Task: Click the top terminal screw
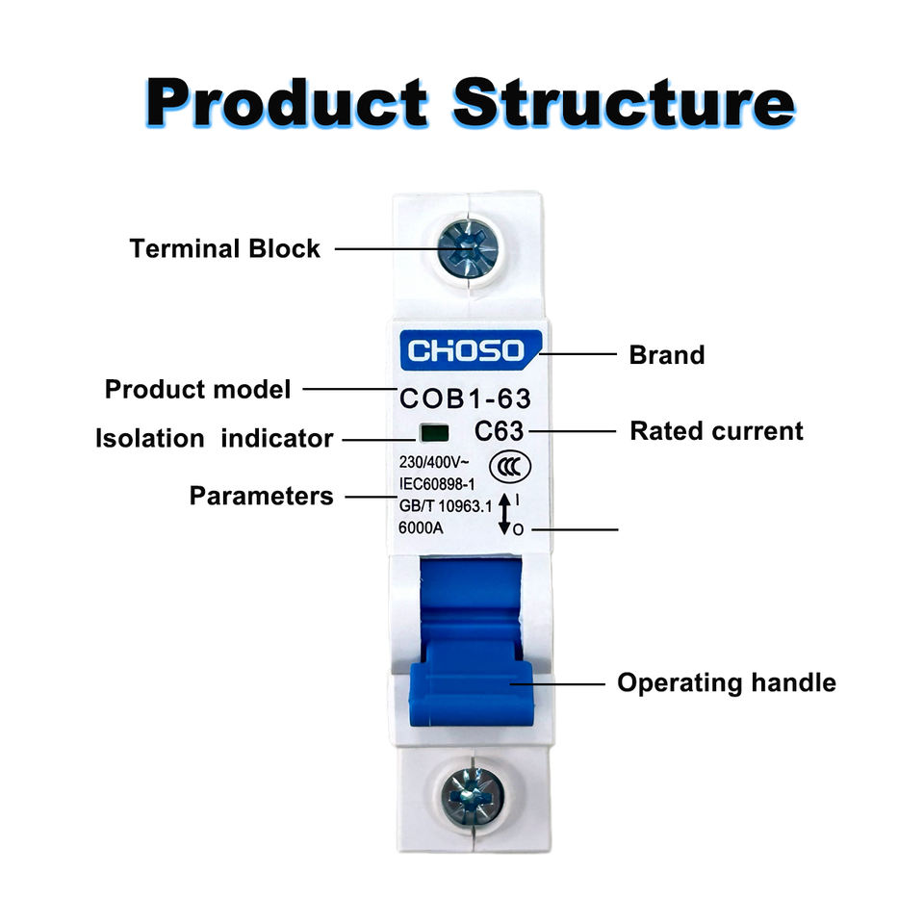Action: [x=468, y=249]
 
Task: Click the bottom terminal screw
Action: [x=473, y=797]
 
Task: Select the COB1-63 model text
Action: [x=465, y=398]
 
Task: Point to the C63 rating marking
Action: [x=500, y=431]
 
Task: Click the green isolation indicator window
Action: [x=434, y=433]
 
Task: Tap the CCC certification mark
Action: [x=510, y=468]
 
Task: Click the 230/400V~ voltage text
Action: [x=434, y=462]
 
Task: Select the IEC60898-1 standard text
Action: [x=437, y=484]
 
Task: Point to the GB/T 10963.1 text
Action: [x=445, y=505]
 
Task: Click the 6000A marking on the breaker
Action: [x=421, y=527]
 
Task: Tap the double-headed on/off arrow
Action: [x=504, y=514]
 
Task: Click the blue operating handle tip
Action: [x=471, y=693]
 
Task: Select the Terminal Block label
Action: [x=224, y=248]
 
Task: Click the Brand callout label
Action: [x=666, y=355]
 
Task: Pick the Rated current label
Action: [x=716, y=431]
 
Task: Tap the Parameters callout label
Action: [x=261, y=496]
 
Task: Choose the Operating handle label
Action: [x=727, y=683]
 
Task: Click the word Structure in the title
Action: [x=624, y=103]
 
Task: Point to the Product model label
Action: [x=197, y=389]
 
